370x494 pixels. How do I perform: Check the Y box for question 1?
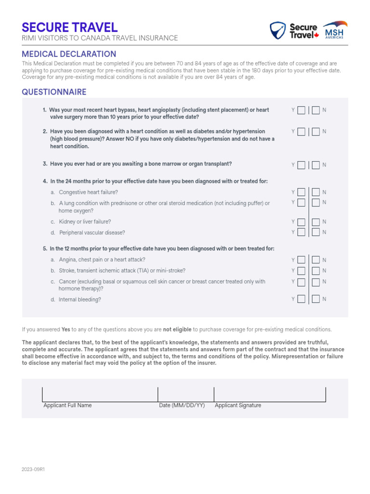(x=301, y=110)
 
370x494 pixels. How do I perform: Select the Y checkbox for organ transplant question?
(x=301, y=165)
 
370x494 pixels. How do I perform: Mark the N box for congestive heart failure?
(x=316, y=192)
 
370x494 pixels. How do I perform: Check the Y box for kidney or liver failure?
(x=301, y=222)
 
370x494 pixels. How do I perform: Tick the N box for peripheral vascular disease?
(x=316, y=233)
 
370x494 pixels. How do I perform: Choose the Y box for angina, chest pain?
(x=301, y=260)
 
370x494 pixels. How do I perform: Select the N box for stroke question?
(x=316, y=271)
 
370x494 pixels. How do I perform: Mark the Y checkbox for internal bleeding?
(x=301, y=299)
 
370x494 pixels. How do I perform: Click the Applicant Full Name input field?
(x=100, y=394)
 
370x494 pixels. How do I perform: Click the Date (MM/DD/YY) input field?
(x=185, y=394)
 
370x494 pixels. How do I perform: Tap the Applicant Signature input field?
(x=270, y=394)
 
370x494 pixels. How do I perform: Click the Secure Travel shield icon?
(x=277, y=30)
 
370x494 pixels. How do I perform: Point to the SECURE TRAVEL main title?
(x=70, y=27)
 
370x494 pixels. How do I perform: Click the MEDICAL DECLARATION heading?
(x=69, y=54)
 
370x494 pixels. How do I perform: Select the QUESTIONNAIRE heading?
(x=54, y=92)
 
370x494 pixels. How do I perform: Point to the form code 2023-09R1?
(x=33, y=469)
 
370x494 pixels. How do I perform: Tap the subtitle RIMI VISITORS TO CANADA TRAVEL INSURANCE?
(x=100, y=38)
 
